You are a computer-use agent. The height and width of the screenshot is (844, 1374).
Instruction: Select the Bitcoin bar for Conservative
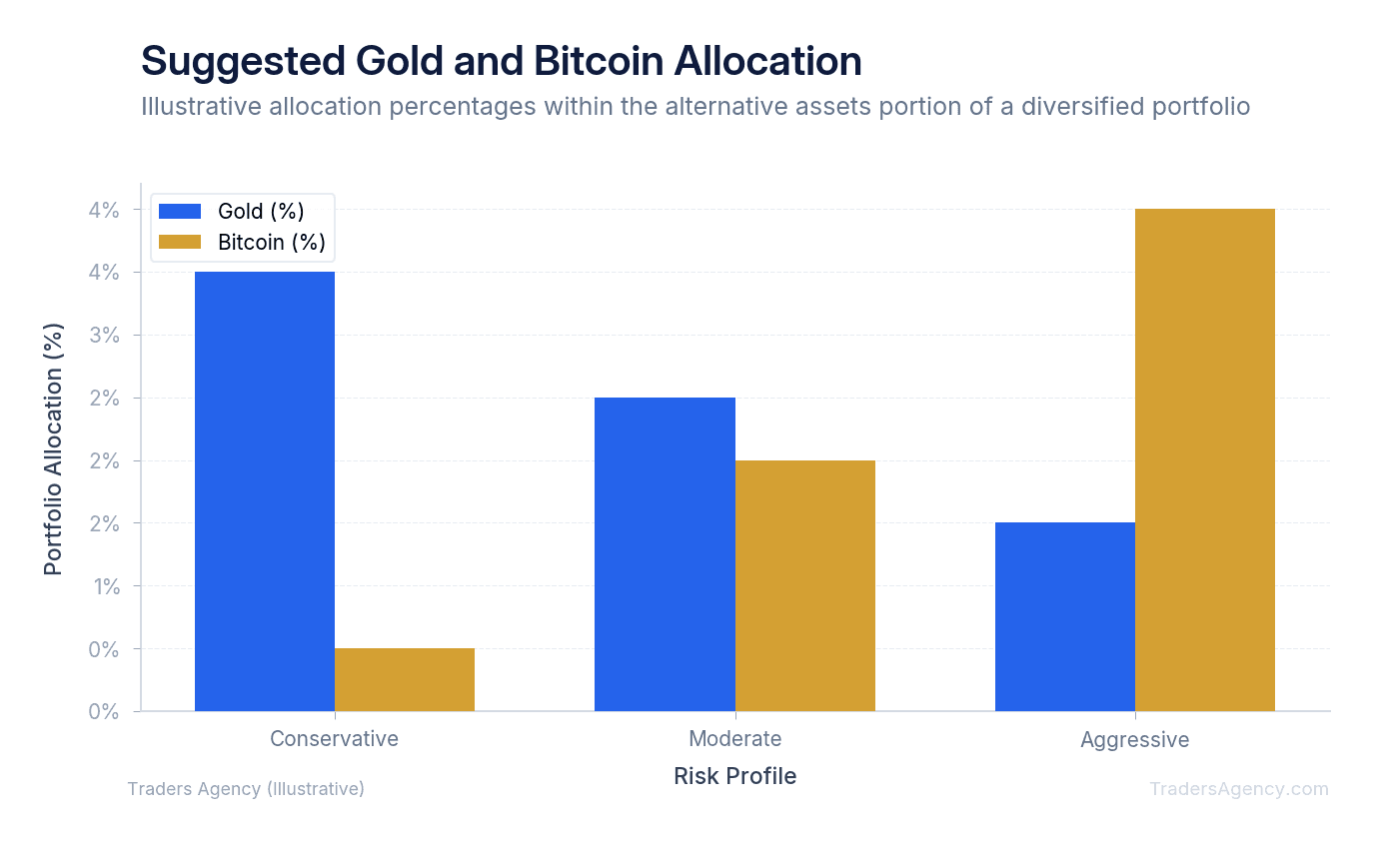coord(405,680)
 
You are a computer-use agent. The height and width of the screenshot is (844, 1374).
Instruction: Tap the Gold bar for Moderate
coord(665,554)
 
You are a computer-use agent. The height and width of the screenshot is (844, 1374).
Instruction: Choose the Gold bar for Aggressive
coord(1065,617)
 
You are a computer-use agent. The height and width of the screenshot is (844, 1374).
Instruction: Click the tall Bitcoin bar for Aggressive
coord(1205,459)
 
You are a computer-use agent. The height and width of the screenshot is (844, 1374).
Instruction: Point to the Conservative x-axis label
coord(334,739)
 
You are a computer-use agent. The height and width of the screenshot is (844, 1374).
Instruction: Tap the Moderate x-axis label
coord(735,739)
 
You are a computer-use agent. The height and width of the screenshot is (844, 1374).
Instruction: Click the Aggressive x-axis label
coord(1135,740)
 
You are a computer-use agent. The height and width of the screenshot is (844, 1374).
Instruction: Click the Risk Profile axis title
coord(735,776)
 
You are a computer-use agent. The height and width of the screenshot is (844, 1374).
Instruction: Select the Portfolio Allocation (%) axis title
coord(54,448)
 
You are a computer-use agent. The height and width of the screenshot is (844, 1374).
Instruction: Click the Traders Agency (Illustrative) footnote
coord(246,789)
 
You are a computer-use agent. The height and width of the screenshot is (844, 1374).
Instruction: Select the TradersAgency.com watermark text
coord(1239,789)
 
